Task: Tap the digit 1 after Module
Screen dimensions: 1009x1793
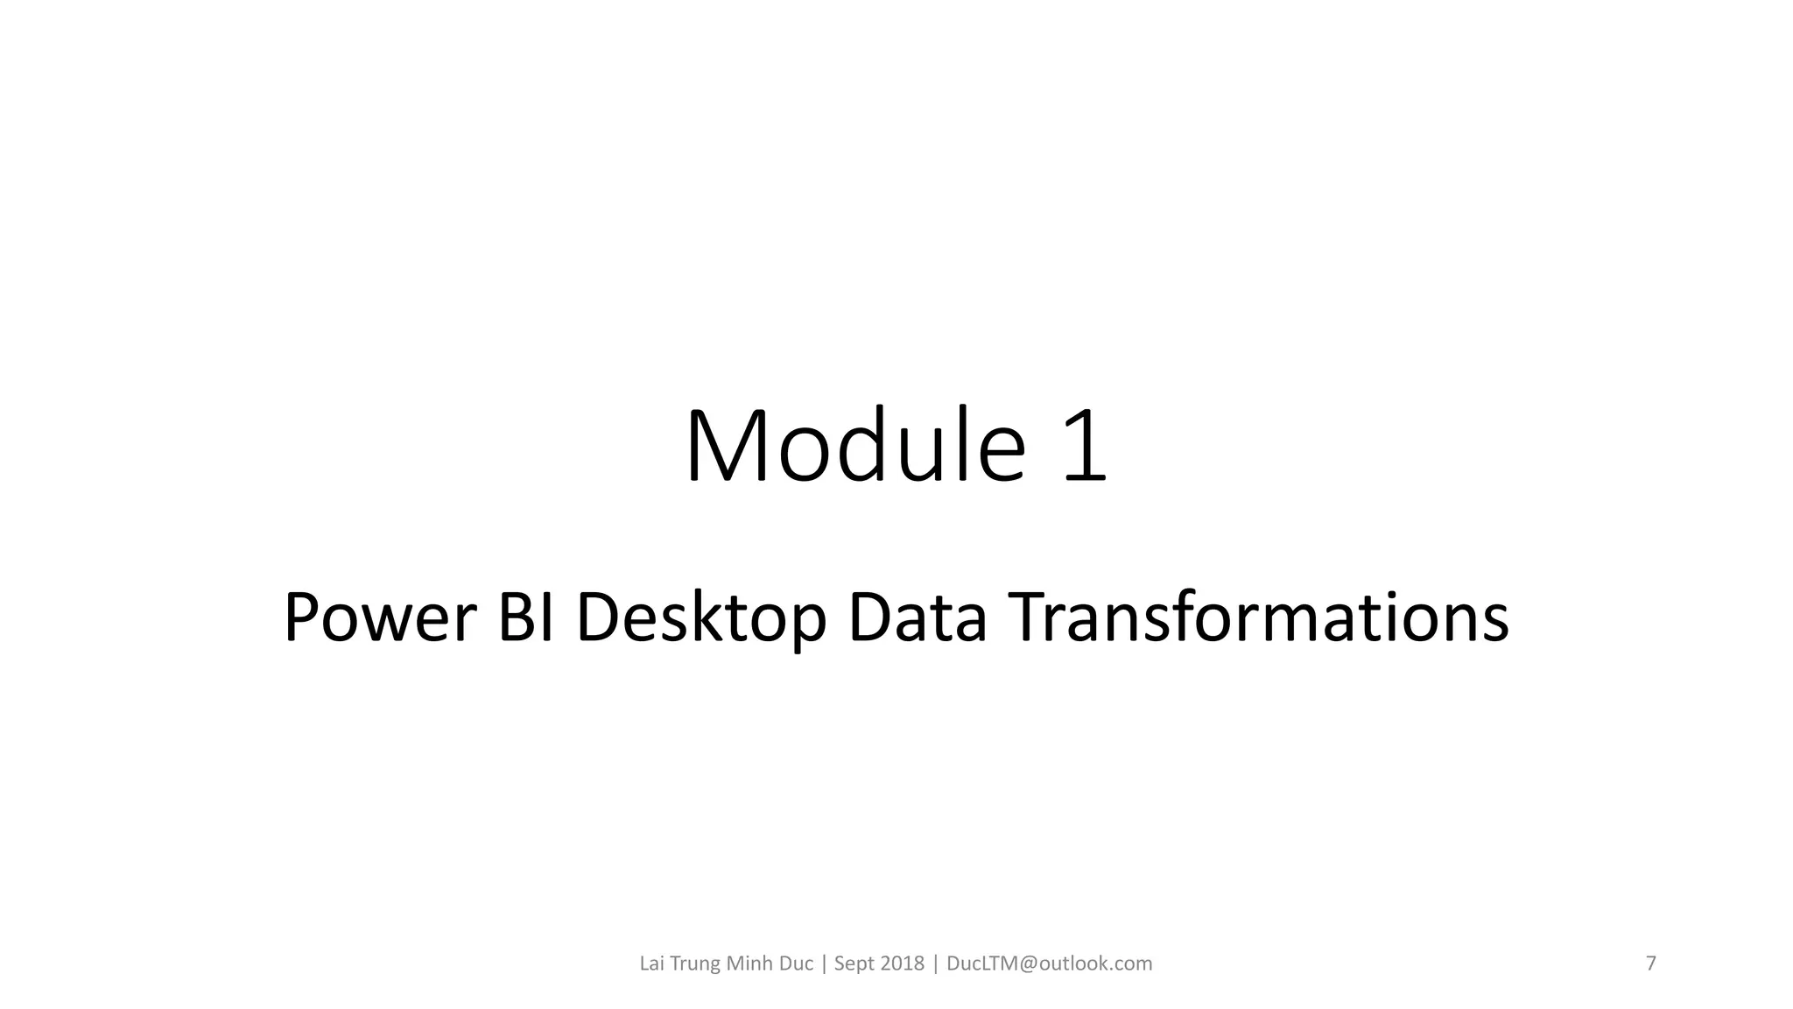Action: tap(1086, 447)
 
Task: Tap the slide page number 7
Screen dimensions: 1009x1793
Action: tap(1651, 963)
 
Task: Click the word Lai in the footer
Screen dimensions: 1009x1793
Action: tap(651, 963)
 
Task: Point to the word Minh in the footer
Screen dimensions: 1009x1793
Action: tap(749, 963)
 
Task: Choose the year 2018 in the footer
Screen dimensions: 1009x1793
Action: tap(902, 963)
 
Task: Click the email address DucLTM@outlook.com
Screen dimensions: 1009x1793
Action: tap(1050, 963)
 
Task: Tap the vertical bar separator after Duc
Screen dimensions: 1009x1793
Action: tap(824, 963)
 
